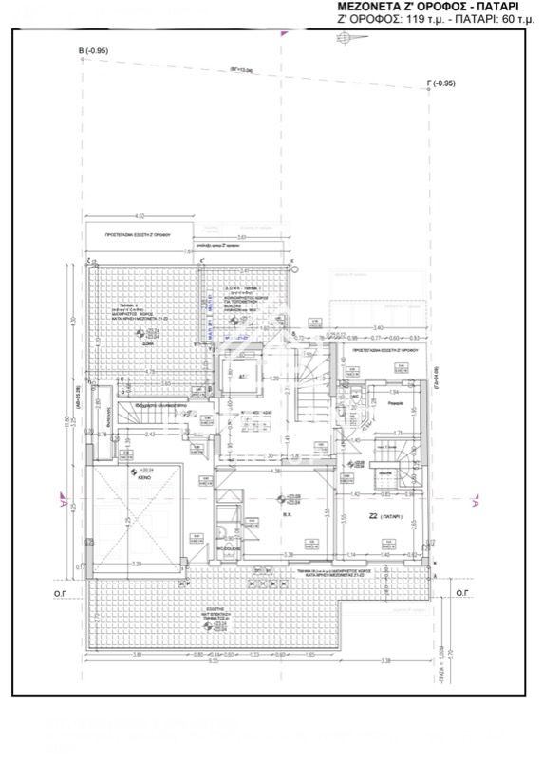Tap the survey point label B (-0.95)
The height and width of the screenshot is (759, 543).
point(96,49)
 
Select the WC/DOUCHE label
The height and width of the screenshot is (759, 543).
point(226,547)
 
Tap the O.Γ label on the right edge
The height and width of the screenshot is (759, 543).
point(461,591)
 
